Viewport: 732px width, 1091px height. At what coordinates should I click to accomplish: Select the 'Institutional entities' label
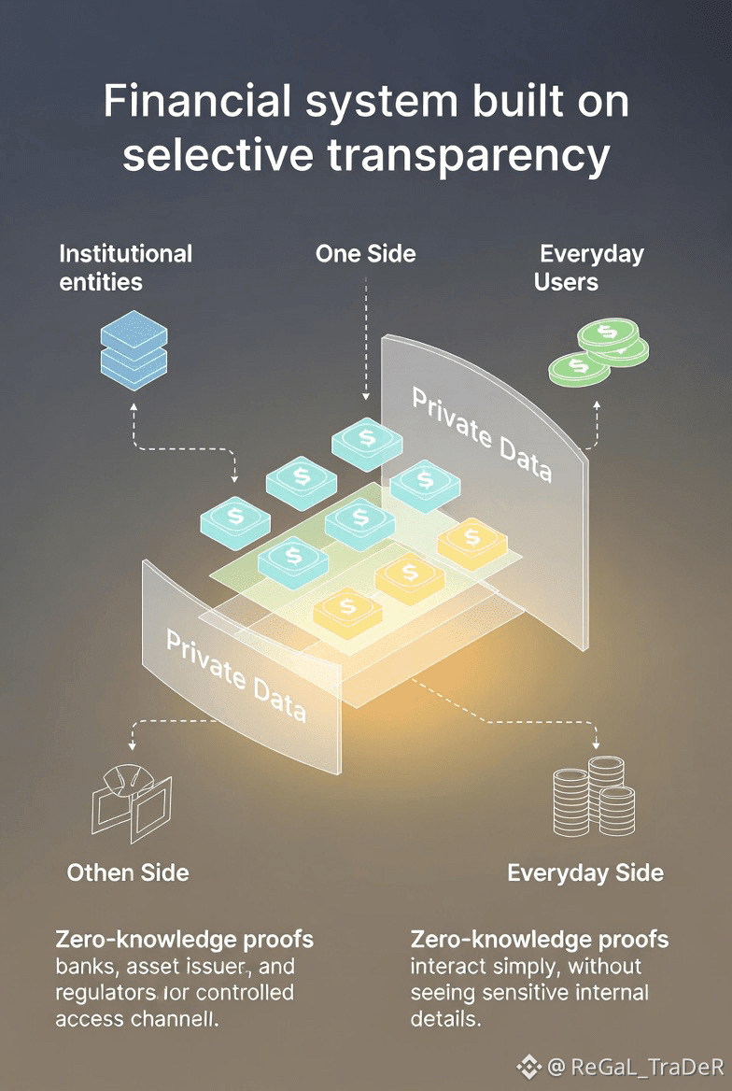(125, 267)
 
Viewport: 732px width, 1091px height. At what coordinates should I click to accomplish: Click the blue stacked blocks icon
(134, 349)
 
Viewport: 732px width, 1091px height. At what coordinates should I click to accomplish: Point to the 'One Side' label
(365, 253)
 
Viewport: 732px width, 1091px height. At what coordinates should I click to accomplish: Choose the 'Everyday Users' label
(590, 267)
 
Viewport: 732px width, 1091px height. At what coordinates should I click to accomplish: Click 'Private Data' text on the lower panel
(235, 675)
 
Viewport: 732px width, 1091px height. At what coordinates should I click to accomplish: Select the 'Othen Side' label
(128, 873)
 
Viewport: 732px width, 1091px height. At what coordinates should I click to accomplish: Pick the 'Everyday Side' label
(585, 873)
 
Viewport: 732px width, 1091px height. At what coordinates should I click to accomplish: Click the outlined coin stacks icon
(594, 801)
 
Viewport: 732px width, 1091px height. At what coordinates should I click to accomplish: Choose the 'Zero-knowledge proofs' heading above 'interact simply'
(540, 939)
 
